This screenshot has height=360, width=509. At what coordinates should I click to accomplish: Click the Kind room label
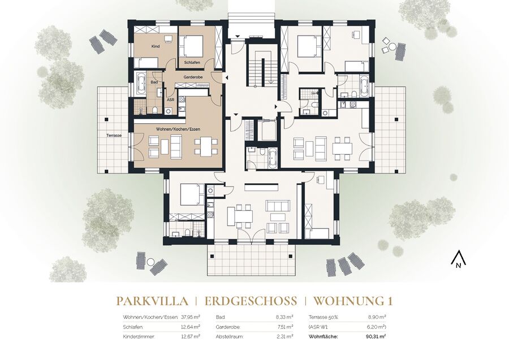click(x=156, y=47)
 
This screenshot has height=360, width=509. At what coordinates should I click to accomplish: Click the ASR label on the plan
click(x=171, y=100)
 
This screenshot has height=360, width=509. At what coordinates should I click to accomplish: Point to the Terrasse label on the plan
click(x=114, y=136)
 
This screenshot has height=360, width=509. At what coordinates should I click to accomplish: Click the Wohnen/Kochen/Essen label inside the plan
click(x=178, y=129)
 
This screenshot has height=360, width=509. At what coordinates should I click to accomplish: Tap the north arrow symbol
click(x=459, y=259)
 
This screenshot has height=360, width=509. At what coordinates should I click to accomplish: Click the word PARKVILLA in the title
click(x=152, y=301)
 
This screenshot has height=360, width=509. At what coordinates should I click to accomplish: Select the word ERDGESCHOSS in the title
click(x=251, y=301)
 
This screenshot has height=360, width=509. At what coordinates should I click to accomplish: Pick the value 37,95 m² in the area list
click(x=190, y=317)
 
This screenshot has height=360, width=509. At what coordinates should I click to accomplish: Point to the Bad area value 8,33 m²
click(x=285, y=317)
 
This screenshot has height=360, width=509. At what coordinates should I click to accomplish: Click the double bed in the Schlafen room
click(x=191, y=46)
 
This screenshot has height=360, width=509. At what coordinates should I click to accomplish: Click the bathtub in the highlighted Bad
click(x=141, y=84)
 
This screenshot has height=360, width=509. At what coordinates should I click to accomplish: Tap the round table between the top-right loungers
click(x=392, y=47)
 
